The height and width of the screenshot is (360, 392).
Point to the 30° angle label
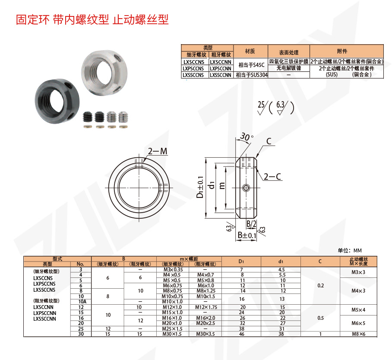(246, 137)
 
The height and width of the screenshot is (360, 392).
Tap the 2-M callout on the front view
(158, 151)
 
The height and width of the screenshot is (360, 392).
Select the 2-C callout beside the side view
(272, 176)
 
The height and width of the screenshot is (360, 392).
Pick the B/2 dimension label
(251, 223)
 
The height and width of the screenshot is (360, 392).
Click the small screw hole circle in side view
(246, 188)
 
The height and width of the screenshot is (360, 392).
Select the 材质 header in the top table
(250, 51)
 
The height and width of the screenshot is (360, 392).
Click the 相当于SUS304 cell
(250, 75)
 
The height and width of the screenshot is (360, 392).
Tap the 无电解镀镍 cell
(288, 68)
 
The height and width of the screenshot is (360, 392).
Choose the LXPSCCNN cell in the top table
(221, 68)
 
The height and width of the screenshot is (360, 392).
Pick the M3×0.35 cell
(173, 270)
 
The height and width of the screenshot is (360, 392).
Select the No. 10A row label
(80, 301)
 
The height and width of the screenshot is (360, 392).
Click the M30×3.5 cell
(205, 334)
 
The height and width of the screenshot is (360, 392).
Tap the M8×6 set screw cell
(357, 334)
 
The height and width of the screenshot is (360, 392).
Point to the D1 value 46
(242, 334)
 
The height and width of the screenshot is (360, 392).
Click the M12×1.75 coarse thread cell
(205, 306)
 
